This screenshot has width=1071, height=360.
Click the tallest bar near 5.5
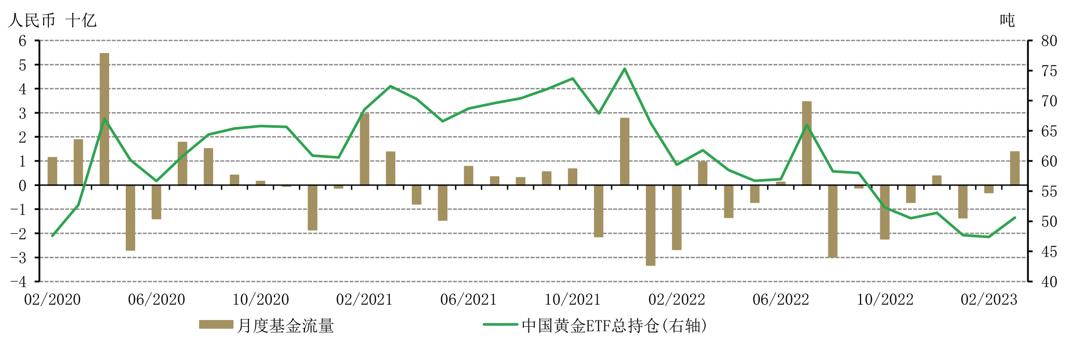point(104,119)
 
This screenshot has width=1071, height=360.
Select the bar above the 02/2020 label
point(52,171)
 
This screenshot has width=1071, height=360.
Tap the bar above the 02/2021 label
point(365,149)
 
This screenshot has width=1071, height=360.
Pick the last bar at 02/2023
point(1015,168)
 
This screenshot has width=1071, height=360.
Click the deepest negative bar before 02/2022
point(651,225)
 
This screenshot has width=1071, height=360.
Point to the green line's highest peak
point(625,69)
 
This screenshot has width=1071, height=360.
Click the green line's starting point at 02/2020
point(52,236)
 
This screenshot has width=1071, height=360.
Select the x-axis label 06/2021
point(468,300)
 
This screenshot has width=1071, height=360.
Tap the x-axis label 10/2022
point(884,300)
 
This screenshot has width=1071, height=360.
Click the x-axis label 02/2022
point(677,300)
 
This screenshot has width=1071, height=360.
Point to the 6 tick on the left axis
point(22,41)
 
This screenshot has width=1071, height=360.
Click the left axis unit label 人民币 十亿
point(52,21)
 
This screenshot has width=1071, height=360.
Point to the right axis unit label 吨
point(1007,21)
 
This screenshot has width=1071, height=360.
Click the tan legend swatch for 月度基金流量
point(216,325)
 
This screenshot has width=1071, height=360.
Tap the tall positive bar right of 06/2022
point(806,143)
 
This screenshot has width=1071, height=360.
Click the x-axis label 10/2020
point(260,300)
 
